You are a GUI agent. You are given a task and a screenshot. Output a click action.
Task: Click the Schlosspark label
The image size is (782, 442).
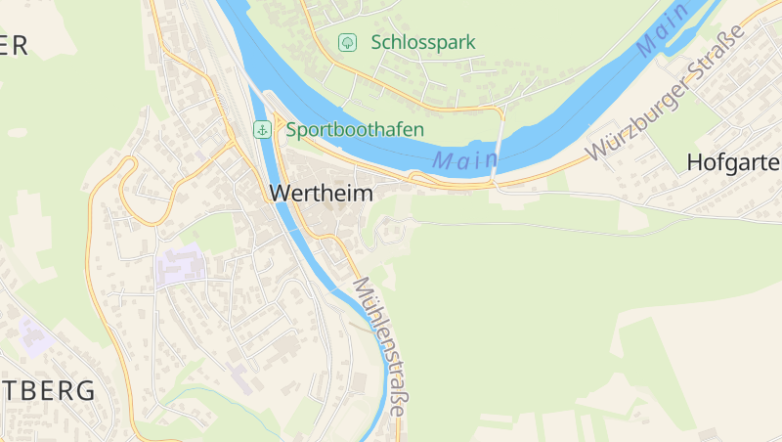tap(422, 42)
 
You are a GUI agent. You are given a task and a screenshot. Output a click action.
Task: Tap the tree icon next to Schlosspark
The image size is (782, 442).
tap(346, 42)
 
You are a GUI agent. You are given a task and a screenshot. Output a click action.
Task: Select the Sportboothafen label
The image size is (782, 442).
tap(355, 129)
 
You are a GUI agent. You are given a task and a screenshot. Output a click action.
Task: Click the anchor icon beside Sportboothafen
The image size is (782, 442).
tap(262, 129)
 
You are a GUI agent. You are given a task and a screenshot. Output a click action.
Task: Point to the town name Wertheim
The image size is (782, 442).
tap(321, 194)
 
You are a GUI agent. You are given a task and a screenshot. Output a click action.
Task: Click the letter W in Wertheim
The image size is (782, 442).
tap(278, 194)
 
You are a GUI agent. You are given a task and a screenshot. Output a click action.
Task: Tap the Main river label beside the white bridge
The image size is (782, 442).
tap(458, 161)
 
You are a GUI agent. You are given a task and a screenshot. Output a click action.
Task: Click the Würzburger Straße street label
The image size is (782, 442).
tap(665, 95)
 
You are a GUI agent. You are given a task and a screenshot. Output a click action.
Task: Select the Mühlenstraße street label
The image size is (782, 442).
tap(378, 347)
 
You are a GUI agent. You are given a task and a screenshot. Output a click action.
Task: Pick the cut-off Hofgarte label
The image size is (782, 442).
tap(733, 162)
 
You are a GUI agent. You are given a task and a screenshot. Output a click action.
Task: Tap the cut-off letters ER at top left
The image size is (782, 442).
tap(14, 45)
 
